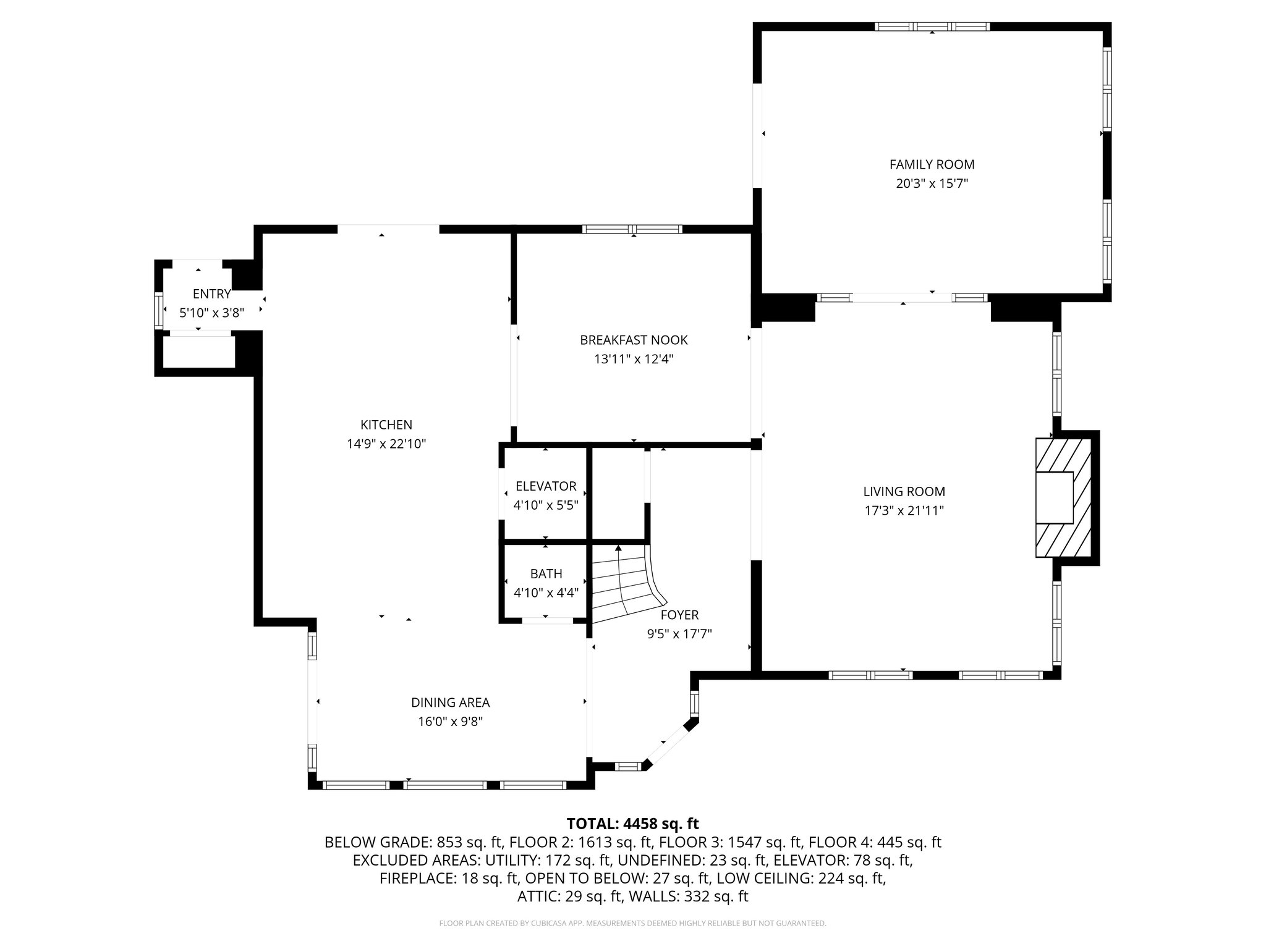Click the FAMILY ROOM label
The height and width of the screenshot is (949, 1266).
coord(932,164)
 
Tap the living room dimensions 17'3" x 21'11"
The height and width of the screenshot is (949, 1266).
coord(904,511)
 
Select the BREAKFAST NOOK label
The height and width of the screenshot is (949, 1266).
coord(633,340)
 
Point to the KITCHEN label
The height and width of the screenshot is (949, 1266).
coord(386,425)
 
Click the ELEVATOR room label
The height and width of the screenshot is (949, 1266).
coord(545,486)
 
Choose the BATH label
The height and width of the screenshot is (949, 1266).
coord(545,574)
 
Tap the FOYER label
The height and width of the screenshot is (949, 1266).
coord(679,615)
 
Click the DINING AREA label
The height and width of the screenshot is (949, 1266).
coord(450,702)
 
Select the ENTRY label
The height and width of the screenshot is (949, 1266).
coord(211,294)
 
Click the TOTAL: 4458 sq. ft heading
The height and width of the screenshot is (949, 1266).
coord(632,824)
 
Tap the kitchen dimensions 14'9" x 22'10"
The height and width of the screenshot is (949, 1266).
coord(386,444)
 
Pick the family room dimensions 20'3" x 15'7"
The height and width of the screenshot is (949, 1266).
coord(932,183)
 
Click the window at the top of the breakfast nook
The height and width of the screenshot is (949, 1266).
coord(632,229)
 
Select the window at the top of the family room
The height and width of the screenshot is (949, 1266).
coord(932,27)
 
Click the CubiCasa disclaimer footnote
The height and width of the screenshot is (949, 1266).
coord(632,924)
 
